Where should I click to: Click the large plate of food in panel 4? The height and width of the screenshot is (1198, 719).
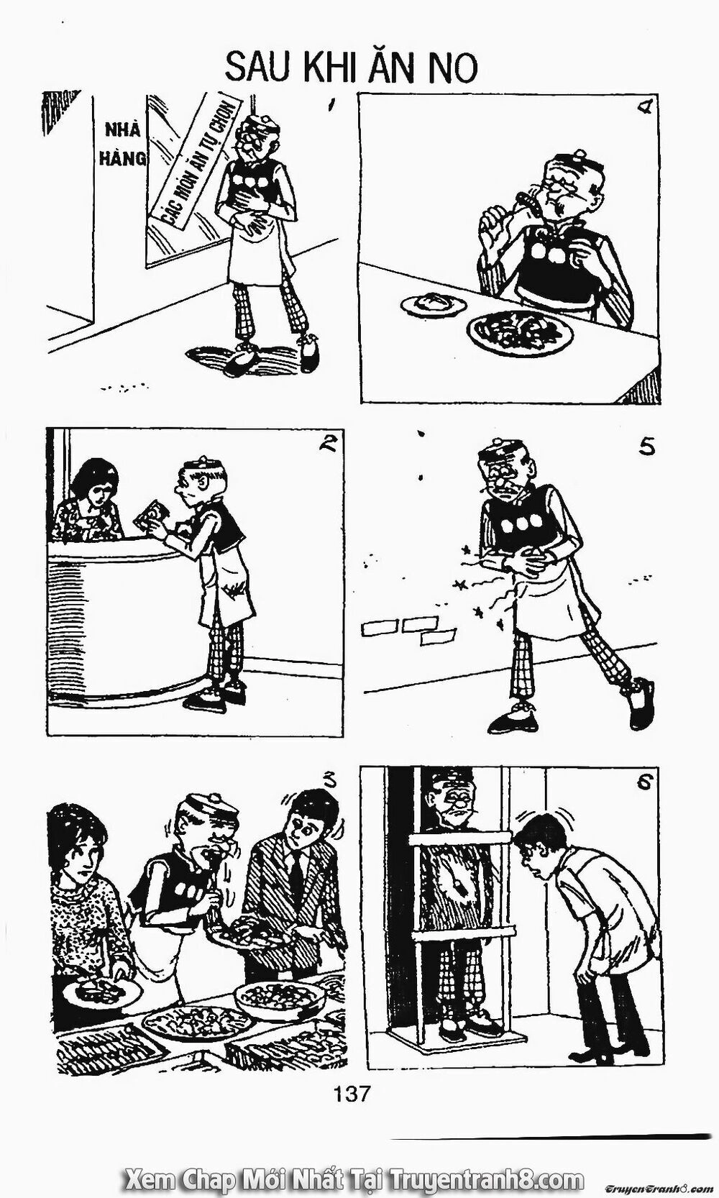point(520,332)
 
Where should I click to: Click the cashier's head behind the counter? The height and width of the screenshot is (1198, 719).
point(94,484)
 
